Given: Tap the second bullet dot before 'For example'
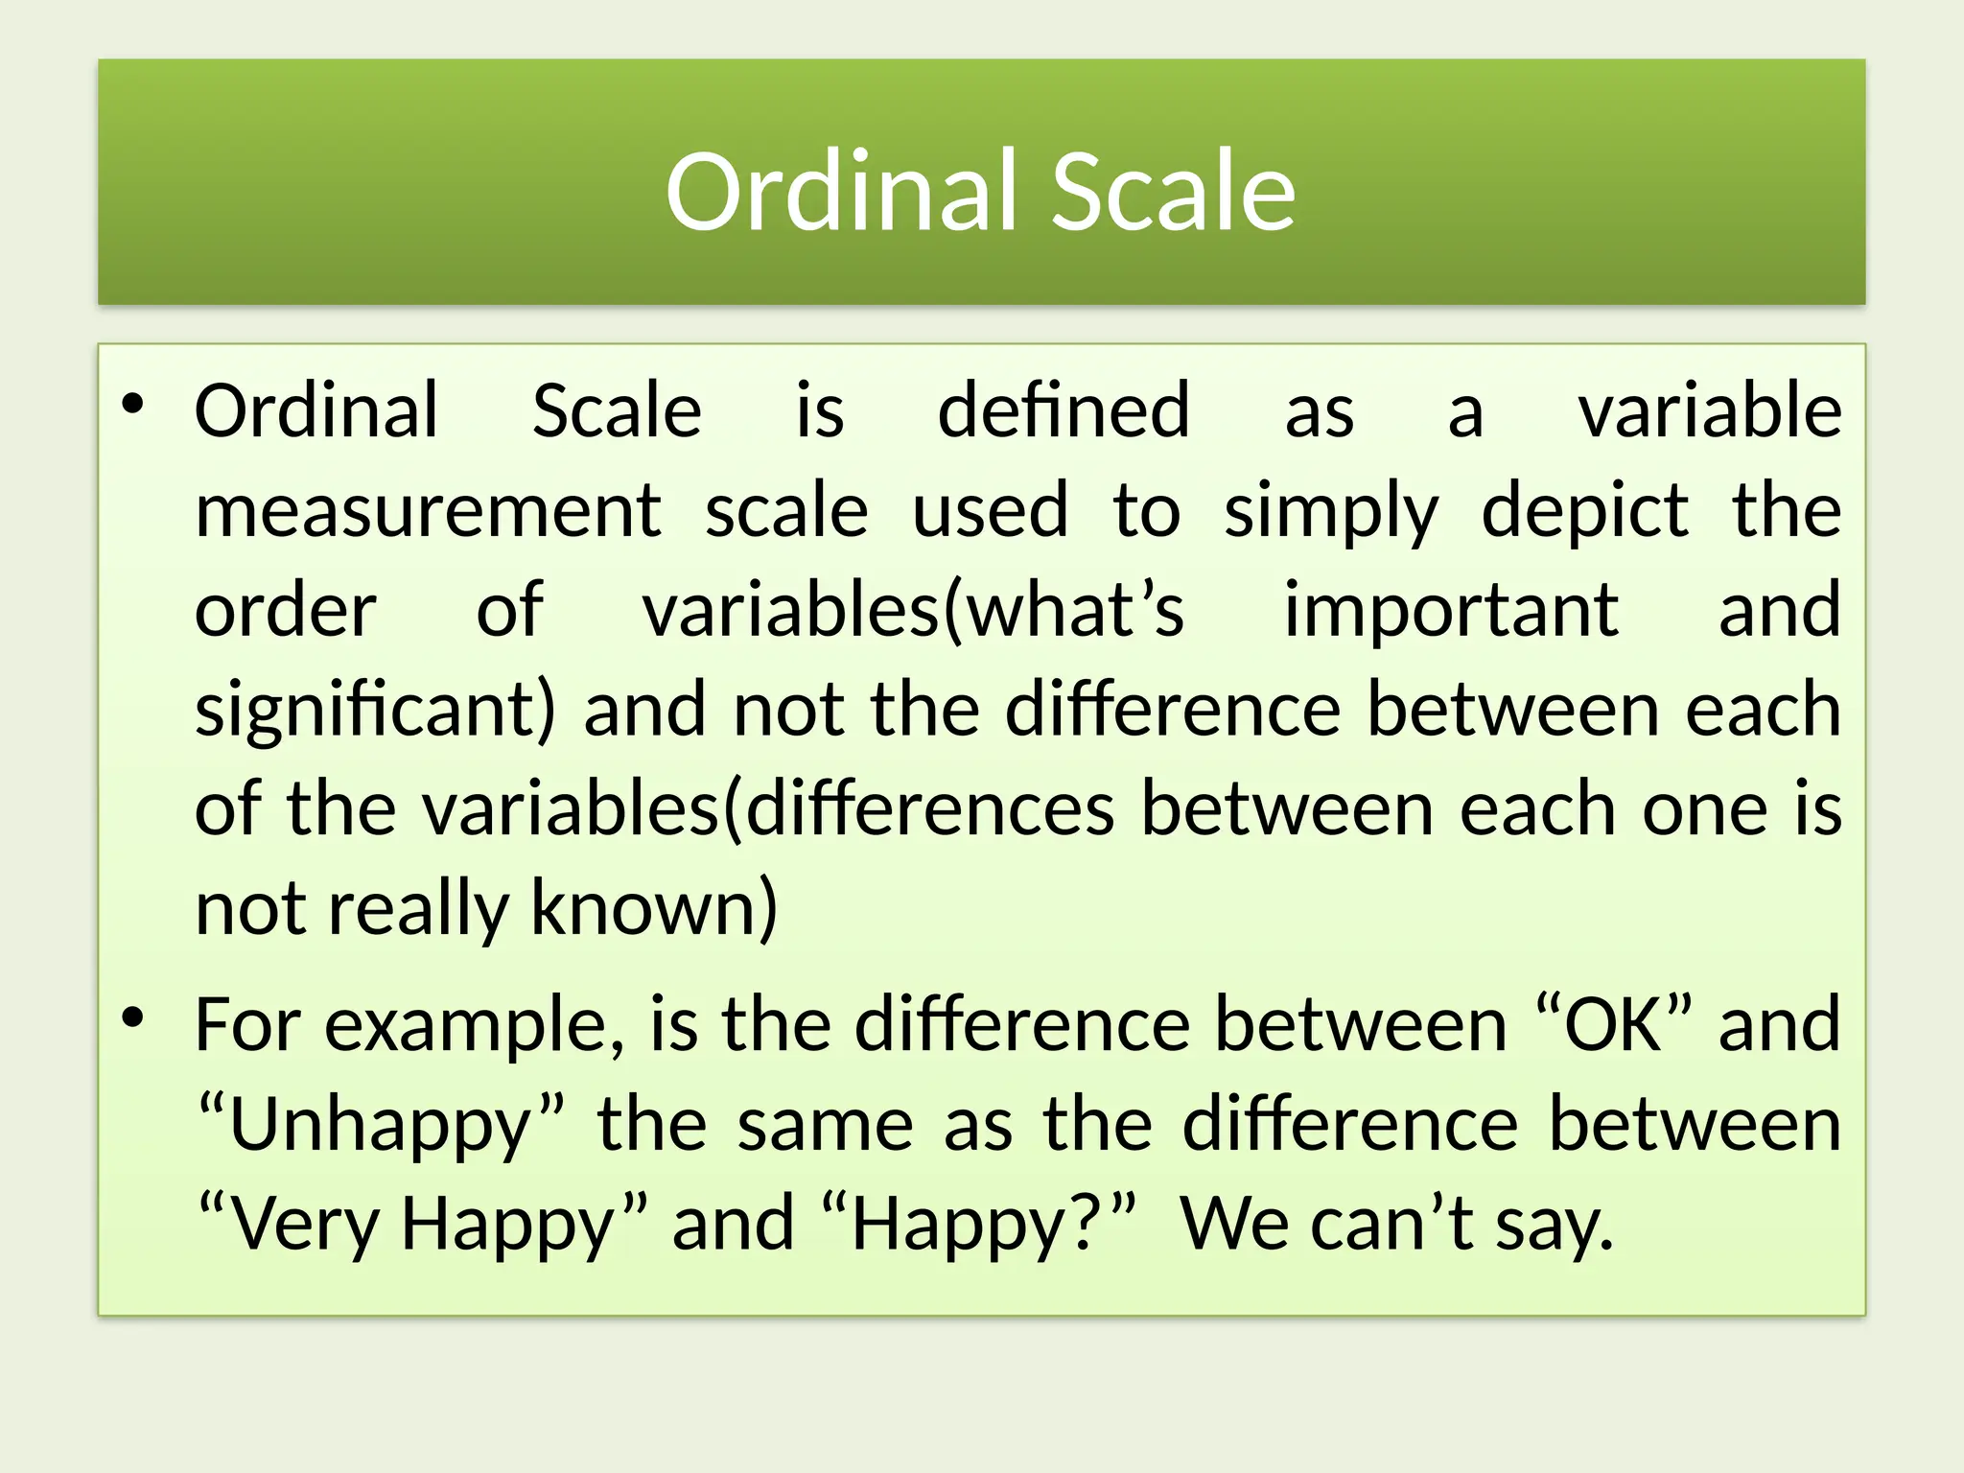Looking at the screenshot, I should click(132, 1017).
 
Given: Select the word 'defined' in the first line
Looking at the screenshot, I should click(1063, 411).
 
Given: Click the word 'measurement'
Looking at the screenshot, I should click(428, 511).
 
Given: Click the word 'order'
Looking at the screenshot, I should click(285, 612).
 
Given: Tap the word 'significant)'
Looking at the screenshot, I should click(375, 712).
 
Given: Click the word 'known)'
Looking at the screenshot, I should click(654, 907).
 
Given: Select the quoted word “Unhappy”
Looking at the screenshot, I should click(381, 1126).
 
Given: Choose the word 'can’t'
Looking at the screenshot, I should click(1391, 1224).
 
